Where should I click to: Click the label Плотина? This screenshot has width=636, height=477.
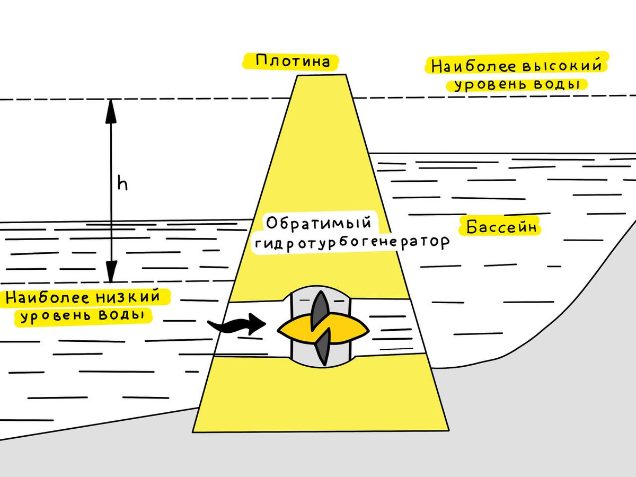click(293, 60)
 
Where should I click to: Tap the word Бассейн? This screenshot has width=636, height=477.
click(502, 227)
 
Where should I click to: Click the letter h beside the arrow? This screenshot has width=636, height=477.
click(122, 184)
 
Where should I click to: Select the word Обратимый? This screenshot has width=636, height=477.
click(317, 223)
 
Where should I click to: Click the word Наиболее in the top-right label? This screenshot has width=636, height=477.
click(465, 67)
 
